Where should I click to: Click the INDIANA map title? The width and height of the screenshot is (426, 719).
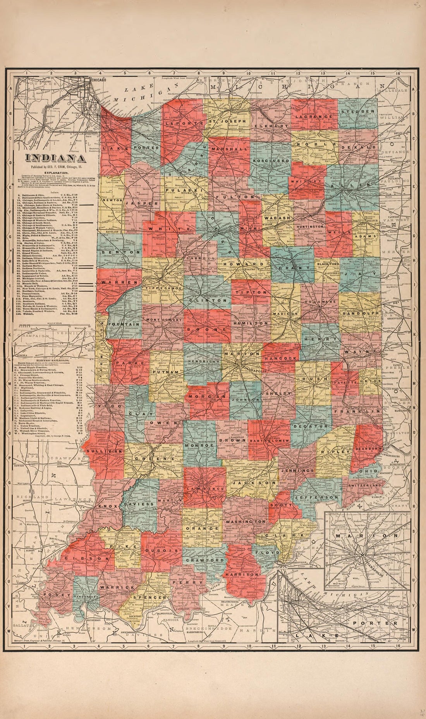56,158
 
